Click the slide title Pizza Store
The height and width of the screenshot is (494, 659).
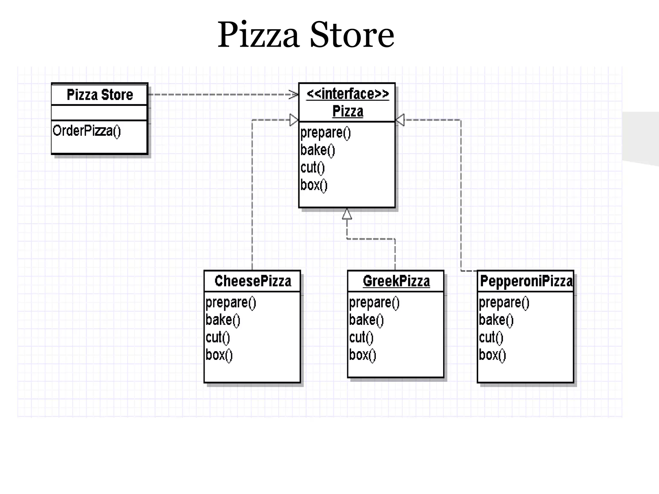[306, 35]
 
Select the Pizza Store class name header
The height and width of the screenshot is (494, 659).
[100, 95]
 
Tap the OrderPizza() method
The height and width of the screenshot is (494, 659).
[87, 131]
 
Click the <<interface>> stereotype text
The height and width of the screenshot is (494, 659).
[348, 94]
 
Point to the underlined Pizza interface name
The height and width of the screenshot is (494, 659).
[348, 111]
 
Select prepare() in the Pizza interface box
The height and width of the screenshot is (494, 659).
[325, 133]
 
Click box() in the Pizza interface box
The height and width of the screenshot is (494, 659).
[314, 185]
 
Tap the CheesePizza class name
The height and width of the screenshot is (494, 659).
[253, 281]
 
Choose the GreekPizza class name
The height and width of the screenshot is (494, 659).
[396, 281]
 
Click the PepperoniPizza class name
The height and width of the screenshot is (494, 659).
[526, 281]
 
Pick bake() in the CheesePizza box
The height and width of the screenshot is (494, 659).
[223, 320]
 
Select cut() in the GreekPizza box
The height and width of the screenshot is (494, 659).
[361, 338]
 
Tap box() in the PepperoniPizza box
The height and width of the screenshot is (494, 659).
[492, 355]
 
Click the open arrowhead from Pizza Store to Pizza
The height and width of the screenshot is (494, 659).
[294, 95]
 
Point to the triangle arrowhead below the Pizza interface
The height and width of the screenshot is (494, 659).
[347, 214]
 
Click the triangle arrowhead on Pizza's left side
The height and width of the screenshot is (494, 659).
[294, 120]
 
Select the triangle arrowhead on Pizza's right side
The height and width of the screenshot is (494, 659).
[400, 120]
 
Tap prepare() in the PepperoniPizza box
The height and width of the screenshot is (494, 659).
[504, 303]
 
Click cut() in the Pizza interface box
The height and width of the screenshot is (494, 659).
[312, 168]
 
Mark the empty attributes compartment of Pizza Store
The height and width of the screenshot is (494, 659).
[99, 113]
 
